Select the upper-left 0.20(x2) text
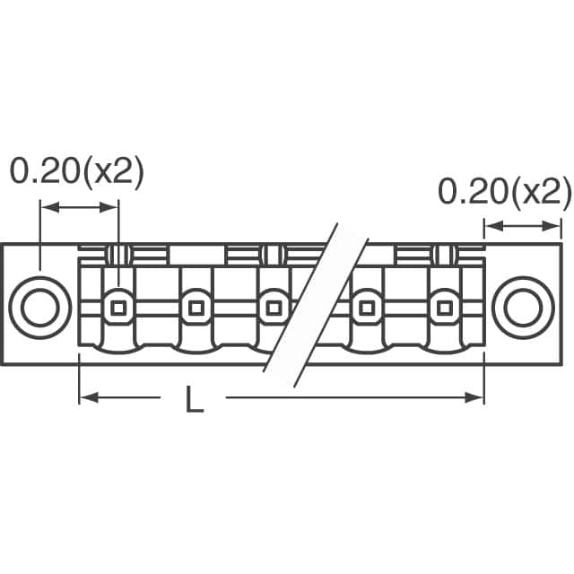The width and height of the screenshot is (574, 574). (76, 172)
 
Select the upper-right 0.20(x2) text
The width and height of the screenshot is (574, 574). (504, 191)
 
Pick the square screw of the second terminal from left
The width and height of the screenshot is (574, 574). (193, 308)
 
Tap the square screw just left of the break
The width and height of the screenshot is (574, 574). (272, 308)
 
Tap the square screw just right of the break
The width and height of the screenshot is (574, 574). (366, 308)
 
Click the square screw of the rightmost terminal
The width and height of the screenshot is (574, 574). (441, 308)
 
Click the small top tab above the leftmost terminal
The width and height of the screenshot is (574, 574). (116, 254)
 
